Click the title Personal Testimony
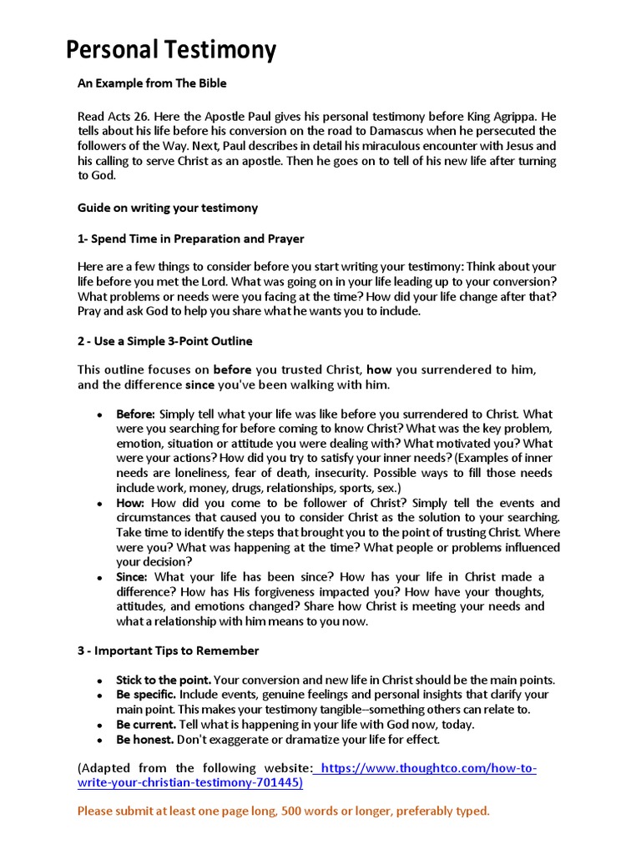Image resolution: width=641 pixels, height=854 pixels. (x=171, y=51)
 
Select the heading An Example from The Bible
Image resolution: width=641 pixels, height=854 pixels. (x=152, y=83)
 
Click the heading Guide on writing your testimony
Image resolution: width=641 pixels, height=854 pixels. (x=168, y=208)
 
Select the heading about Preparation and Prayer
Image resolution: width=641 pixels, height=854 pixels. (x=191, y=239)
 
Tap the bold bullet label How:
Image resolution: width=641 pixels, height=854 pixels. (x=130, y=503)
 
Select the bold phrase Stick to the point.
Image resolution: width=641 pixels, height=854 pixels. (x=162, y=680)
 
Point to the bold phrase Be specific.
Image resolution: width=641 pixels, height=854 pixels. (x=146, y=695)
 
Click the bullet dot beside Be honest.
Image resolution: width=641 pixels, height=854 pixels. (x=99, y=741)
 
